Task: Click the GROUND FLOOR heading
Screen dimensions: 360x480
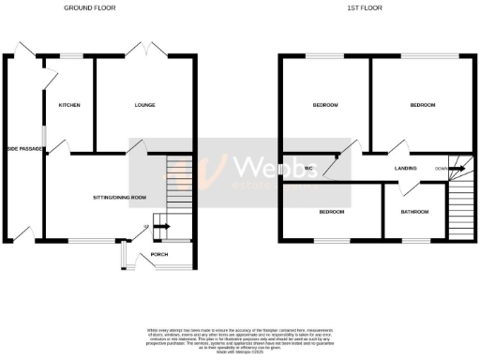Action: point(90,7)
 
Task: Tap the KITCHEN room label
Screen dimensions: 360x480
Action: point(69,105)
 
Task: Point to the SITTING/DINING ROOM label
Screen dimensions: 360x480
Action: point(120,198)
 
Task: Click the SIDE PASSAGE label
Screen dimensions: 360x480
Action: point(25,148)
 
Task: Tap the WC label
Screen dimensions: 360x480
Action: point(307,168)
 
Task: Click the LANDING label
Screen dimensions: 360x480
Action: point(406,168)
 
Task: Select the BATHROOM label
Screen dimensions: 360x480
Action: point(414,212)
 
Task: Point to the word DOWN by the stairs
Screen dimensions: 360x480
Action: point(440,169)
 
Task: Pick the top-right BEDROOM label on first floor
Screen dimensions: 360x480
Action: point(422,105)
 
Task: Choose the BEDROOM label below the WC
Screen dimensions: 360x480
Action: point(331,212)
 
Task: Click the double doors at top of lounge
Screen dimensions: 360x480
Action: point(151,50)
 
